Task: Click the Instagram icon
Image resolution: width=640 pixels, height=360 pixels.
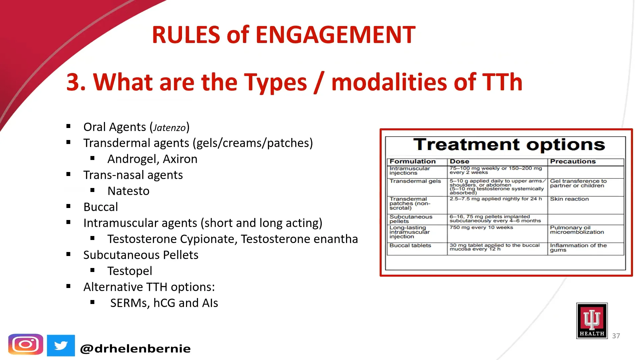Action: tap(26, 344)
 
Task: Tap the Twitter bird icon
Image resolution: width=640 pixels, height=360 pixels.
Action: tap(61, 345)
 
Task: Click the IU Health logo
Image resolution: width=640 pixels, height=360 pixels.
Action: tap(592, 321)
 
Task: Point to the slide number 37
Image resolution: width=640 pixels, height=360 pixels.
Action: tap(616, 336)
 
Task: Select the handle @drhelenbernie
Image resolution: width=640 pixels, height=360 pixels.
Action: tap(135, 349)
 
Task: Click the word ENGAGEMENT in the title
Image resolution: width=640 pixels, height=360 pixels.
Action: tap(335, 35)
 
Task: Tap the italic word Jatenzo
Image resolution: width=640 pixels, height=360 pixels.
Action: tap(169, 128)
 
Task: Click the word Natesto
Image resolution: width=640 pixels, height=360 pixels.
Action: tap(128, 191)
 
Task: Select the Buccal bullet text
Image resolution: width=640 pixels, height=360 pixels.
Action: tap(101, 207)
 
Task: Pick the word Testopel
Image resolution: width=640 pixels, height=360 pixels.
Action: tap(130, 271)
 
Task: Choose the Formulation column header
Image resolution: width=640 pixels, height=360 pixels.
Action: tap(413, 161)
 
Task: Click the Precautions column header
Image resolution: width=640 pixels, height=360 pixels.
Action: tap(573, 161)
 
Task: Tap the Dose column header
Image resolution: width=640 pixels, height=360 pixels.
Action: tap(459, 161)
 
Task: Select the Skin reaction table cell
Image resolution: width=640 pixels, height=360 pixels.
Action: tap(569, 199)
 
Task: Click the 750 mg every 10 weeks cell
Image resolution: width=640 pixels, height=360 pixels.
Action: tap(481, 227)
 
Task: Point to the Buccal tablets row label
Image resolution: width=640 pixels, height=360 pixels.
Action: tap(410, 245)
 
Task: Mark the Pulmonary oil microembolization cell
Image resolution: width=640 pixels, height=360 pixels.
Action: tap(577, 230)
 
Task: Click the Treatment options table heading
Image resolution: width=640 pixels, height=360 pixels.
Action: tap(509, 145)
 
